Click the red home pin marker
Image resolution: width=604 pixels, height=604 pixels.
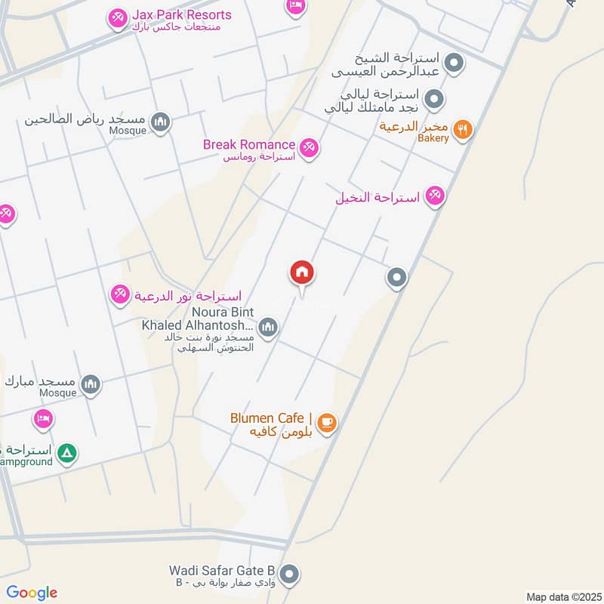point(302,273)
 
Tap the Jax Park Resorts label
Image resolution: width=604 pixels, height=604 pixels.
point(182,15)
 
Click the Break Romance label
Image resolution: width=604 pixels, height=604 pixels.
point(248,144)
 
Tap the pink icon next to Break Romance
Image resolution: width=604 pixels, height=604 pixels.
point(308,148)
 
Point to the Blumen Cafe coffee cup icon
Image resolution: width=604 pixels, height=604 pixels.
point(326,423)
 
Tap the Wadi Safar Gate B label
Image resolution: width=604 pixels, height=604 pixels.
point(227,570)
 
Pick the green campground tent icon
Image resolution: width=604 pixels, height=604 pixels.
point(68,452)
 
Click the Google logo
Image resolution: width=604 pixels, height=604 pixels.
point(32,593)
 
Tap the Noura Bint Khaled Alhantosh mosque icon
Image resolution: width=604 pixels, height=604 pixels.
point(267,328)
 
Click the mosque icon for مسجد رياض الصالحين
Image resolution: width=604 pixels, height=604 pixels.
point(159,121)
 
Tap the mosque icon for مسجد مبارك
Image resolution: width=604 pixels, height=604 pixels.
point(91,385)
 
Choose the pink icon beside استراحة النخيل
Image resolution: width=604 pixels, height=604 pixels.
point(434,196)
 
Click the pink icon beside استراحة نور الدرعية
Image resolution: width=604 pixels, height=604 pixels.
point(119,294)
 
